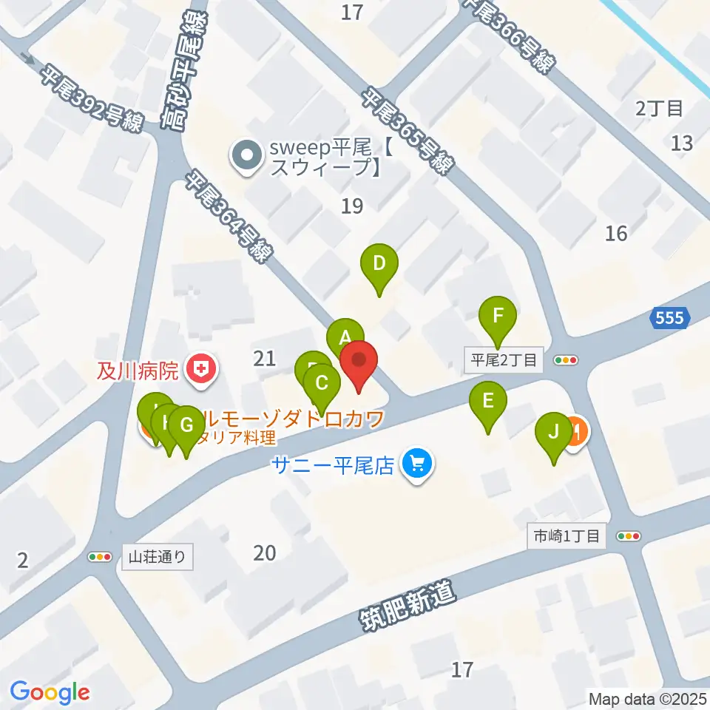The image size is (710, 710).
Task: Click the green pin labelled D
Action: (379, 263)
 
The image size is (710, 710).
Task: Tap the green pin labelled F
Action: (498, 317)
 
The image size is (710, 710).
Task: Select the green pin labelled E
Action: (488, 401)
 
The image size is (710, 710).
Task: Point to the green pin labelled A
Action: (345, 338)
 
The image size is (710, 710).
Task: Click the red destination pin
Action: (359, 362)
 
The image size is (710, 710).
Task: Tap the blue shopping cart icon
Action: (416, 464)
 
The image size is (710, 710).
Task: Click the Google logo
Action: (50, 692)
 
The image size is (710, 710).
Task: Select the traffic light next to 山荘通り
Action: (100, 557)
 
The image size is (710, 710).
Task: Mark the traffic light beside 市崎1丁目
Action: (628, 536)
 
